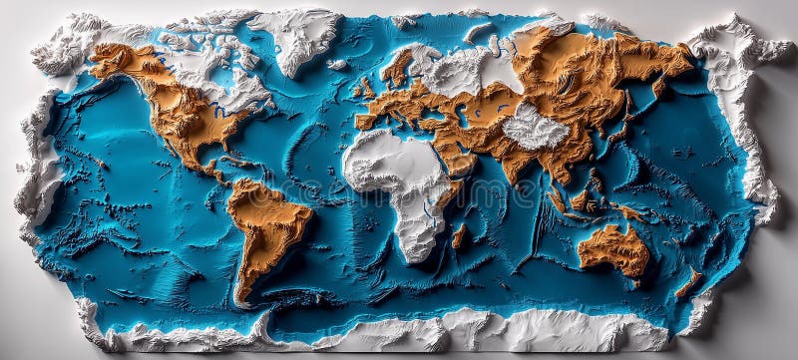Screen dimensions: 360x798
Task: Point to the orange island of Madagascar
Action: (x=459, y=236)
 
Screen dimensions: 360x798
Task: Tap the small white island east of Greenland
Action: (x=338, y=65)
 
